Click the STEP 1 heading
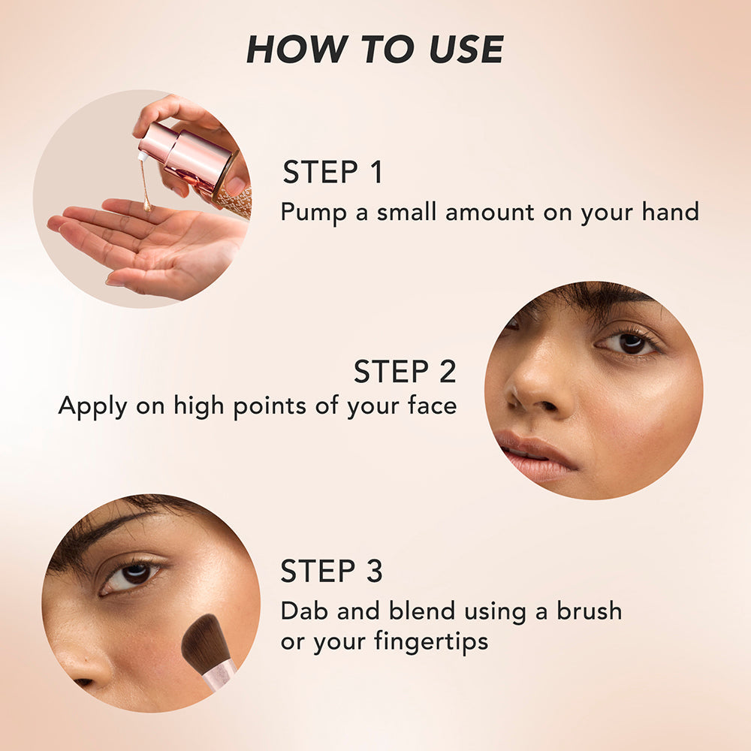point(333,172)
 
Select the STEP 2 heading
point(406,371)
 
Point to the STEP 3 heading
point(331,571)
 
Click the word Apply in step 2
point(92,406)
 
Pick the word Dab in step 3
point(304,611)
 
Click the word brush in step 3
point(590,611)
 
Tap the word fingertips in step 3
point(431,642)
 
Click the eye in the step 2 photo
point(629,342)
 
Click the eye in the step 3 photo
point(131,575)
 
